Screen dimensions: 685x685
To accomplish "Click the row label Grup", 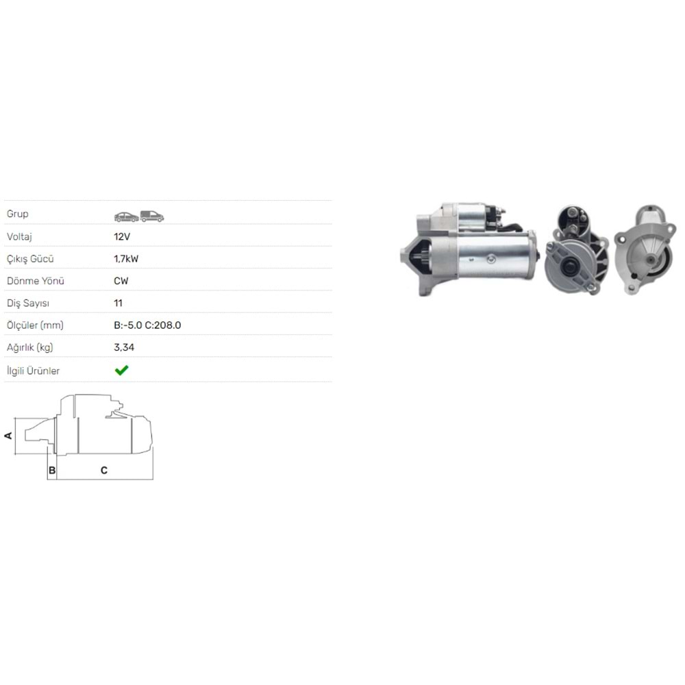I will click(x=18, y=214).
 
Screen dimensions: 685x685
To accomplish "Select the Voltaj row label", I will click(x=20, y=236).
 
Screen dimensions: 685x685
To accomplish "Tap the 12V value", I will click(x=121, y=236).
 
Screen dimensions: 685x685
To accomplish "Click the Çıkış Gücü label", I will click(x=30, y=259).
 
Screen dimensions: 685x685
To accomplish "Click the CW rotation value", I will click(x=121, y=281).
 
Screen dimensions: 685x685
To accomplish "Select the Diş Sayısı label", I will click(x=28, y=303).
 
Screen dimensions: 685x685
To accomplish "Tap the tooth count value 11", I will click(x=119, y=303).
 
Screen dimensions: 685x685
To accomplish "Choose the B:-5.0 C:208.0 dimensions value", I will click(x=147, y=325).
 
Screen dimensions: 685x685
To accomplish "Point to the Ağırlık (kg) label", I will click(x=30, y=347).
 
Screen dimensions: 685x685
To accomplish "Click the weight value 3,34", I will click(x=124, y=347).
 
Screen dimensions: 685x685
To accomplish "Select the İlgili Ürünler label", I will click(x=33, y=371).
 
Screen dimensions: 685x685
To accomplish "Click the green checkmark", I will click(x=121, y=371).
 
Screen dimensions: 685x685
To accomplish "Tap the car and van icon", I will click(x=139, y=216).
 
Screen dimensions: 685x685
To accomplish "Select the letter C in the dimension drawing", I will click(x=103, y=470).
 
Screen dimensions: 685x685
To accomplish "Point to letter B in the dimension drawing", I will click(x=51, y=470).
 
